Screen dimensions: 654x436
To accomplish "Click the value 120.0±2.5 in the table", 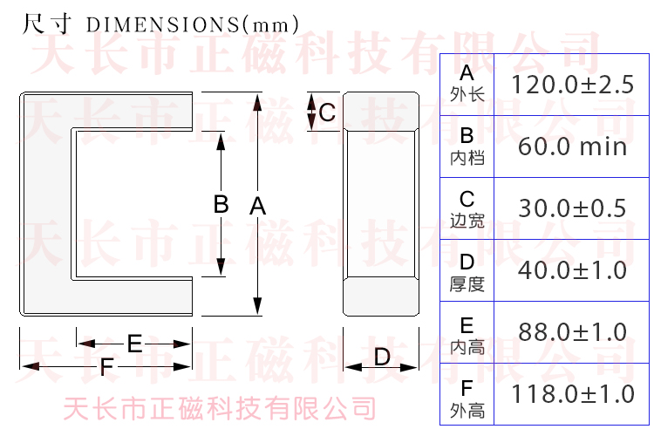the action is tap(572, 85).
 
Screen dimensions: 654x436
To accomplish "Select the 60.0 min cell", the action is tap(572, 146).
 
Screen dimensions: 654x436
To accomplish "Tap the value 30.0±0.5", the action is tap(572, 208).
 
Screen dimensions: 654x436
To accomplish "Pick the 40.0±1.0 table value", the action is tap(572, 270).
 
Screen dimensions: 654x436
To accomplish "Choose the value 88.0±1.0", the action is tap(572, 332).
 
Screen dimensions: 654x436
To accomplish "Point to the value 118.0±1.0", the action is tap(572, 394).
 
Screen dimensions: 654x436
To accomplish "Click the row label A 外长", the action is tap(467, 84).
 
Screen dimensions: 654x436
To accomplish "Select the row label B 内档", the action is tap(467, 146).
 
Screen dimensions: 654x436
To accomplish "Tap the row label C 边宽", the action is tap(467, 208).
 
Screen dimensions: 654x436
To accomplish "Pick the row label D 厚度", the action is tap(467, 273).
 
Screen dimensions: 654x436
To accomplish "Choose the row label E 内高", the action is tap(467, 336).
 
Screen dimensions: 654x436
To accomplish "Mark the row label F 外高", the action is tap(467, 399).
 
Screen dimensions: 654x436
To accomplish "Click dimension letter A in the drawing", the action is tap(258, 206).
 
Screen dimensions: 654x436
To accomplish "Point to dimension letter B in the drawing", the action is tap(221, 204).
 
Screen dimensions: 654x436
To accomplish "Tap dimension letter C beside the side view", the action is tap(327, 112).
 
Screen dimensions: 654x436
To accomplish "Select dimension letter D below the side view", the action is tap(382, 358).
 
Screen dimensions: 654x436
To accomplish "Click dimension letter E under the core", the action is tap(134, 344).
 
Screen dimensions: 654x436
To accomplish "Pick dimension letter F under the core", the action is tap(106, 367).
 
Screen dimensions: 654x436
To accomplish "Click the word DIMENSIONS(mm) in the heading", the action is tap(193, 24).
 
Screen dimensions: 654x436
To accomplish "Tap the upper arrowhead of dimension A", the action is tap(257, 102).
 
